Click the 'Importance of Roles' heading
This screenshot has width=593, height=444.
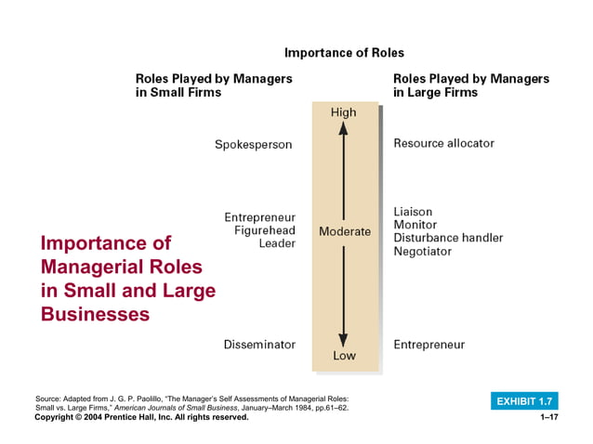click(344, 53)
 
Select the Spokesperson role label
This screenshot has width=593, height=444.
click(253, 144)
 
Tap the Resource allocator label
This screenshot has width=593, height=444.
click(443, 143)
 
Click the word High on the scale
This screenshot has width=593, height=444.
click(343, 112)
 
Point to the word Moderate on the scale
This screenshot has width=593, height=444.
click(344, 231)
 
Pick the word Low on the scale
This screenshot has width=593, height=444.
click(344, 356)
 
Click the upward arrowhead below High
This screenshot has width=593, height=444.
click(343, 129)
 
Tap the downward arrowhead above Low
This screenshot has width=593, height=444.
click(343, 339)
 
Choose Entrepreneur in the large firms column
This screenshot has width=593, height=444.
click(428, 345)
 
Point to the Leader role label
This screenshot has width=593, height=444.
click(277, 243)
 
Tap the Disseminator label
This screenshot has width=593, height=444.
click(259, 345)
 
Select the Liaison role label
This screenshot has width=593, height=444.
click(413, 212)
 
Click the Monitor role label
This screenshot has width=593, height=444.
click(415, 225)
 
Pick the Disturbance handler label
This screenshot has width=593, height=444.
click(448, 238)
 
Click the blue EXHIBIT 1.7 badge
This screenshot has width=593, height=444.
click(524, 401)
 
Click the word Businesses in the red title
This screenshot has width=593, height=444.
click(95, 314)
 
